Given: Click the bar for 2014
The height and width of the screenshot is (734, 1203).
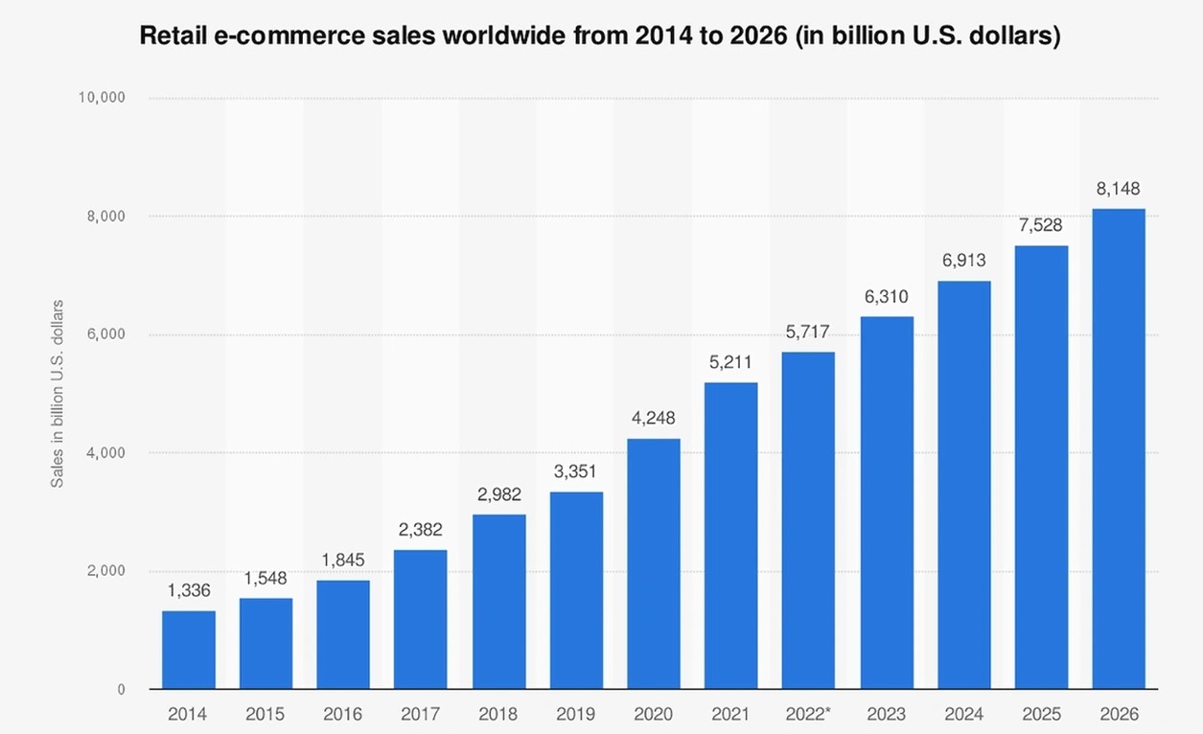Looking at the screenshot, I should pos(188,650).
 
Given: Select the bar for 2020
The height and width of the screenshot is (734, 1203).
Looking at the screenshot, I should pos(654,563).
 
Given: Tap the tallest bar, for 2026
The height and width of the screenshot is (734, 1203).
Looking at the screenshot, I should pos(1119,448).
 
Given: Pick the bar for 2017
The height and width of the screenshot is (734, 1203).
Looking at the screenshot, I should pos(421,619).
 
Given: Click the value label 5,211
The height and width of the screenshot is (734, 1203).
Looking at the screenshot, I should pos(730,363).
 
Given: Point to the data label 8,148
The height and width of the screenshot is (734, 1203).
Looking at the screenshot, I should pos(1119,189).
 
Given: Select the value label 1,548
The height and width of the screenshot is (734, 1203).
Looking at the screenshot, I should pos(266,579).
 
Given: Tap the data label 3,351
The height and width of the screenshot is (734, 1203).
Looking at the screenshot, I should pos(575,472).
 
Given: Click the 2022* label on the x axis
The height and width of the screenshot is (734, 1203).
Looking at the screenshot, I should pos(808,715).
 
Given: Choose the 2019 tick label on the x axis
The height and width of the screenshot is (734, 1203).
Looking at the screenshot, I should pos(575,715).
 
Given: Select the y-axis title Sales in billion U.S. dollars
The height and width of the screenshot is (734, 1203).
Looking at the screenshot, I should pos(58,393).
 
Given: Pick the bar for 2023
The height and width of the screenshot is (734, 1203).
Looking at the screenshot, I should pos(887,502).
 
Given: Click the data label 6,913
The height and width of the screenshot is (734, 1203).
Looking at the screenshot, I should pos(963,261).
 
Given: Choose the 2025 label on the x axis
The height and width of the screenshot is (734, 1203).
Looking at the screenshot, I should pos(1041,715).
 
